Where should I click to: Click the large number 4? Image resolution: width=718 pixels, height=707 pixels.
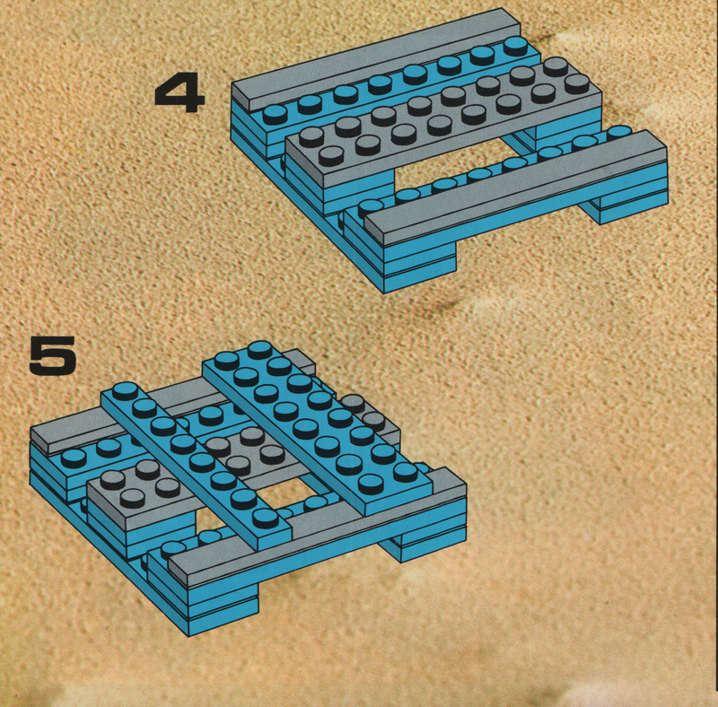[x=179, y=95]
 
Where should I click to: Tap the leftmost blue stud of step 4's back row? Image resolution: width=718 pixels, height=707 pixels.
[x=276, y=115]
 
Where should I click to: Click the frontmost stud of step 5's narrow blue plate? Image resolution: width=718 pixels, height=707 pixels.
[x=266, y=519]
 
